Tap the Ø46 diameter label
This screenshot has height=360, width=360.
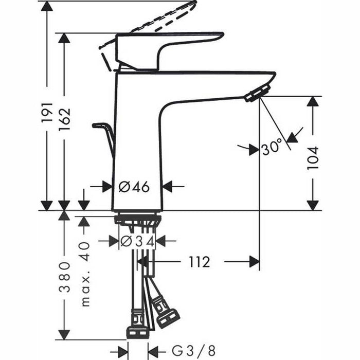(134, 187)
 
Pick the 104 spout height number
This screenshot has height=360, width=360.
(312, 156)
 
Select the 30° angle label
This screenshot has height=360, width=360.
(271, 149)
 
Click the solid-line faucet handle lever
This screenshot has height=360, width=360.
(170, 46)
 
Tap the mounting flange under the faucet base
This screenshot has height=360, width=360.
(137, 219)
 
